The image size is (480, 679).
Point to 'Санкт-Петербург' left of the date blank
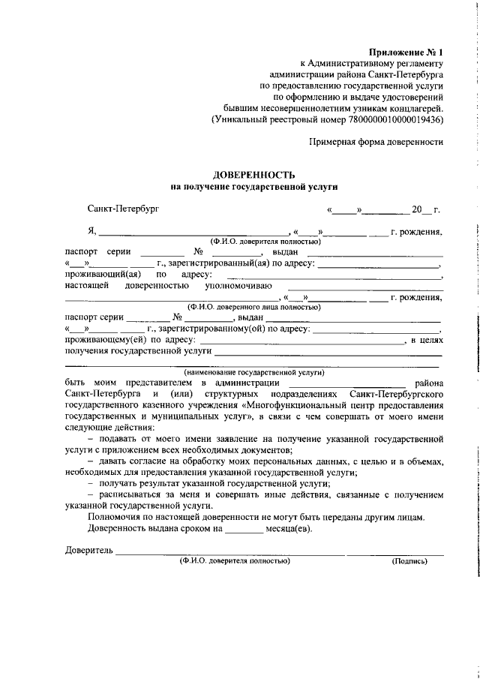pyautogui.click(x=123, y=210)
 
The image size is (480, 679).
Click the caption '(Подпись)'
pyautogui.click(x=409, y=560)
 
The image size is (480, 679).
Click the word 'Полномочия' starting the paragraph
pyautogui.click(x=113, y=517)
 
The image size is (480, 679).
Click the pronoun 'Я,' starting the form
pyautogui.click(x=92, y=232)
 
